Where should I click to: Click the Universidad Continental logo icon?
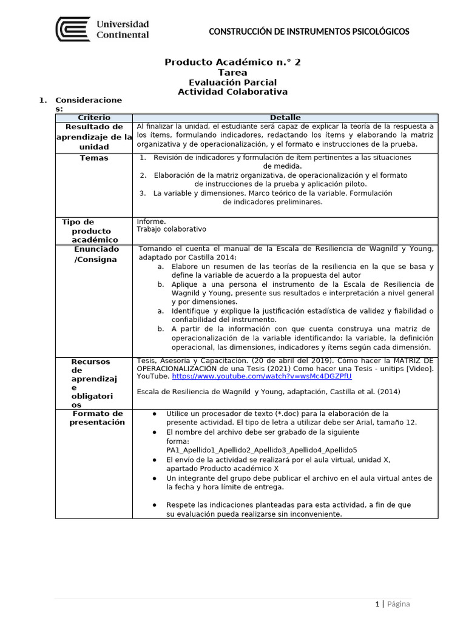pyautogui.click(x=73, y=29)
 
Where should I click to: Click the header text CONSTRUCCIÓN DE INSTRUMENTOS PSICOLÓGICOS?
pyautogui.click(x=309, y=32)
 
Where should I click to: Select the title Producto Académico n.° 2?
pyautogui.click(x=232, y=62)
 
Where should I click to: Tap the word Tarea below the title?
pyautogui.click(x=232, y=73)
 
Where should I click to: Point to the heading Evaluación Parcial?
pyautogui.click(x=232, y=82)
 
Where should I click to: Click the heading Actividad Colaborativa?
pyautogui.click(x=232, y=92)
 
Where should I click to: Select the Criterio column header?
pyautogui.click(x=94, y=117)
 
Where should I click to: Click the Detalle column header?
pyautogui.click(x=285, y=117)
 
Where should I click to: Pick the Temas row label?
pyautogui.click(x=94, y=158)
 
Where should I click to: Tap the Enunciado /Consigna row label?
pyautogui.click(x=95, y=254)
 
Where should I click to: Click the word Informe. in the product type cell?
pyautogui.click(x=151, y=221)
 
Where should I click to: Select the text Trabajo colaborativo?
pyautogui.click(x=171, y=229)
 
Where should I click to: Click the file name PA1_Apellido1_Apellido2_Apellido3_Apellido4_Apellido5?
pyautogui.click(x=262, y=451)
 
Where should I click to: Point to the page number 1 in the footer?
pyautogui.click(x=377, y=603)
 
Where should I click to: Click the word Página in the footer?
pyautogui.click(x=398, y=603)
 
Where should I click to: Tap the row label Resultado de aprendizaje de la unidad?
pyautogui.click(x=94, y=136)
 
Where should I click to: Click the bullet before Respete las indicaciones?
pyautogui.click(x=155, y=505)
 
